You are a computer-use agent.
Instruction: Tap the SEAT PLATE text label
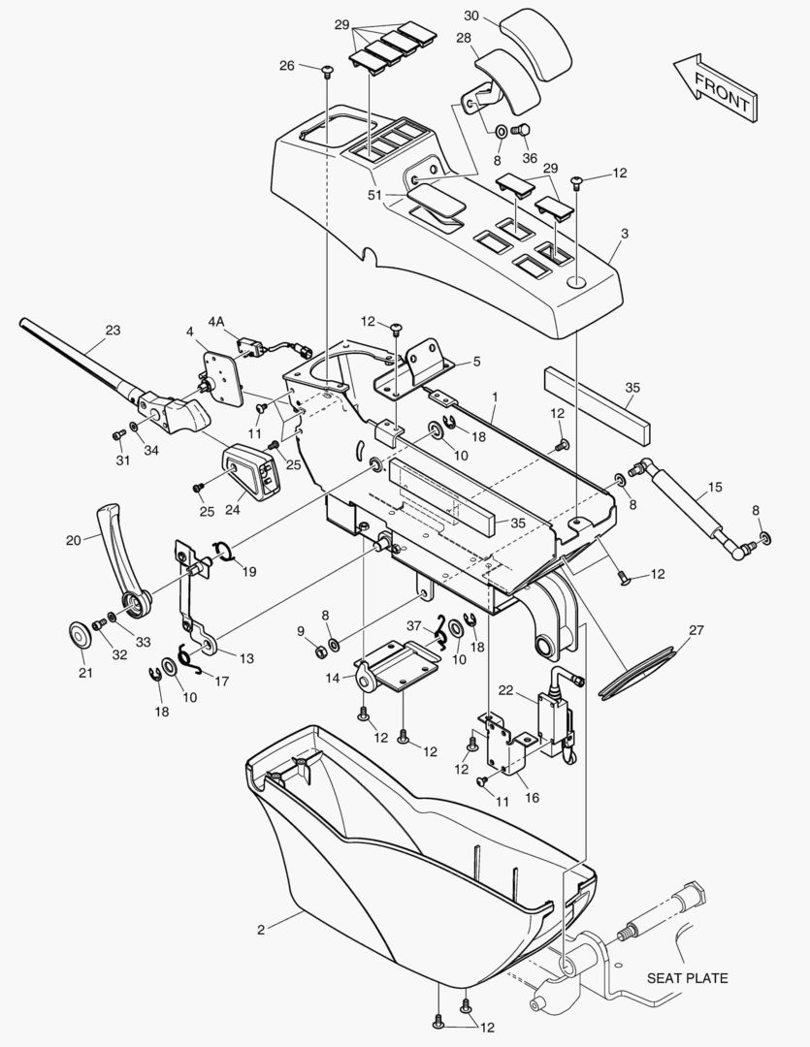click(x=687, y=978)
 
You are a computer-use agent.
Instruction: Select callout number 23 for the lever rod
click(x=113, y=330)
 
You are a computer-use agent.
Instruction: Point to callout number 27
click(x=697, y=630)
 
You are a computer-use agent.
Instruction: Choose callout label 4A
click(x=216, y=322)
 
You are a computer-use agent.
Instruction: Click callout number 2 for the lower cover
click(x=261, y=930)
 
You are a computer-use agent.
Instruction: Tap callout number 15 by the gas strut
click(x=715, y=487)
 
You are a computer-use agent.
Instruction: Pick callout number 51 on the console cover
click(x=374, y=195)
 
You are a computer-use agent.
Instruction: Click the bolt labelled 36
click(x=520, y=130)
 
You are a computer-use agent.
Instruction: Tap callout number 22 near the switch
click(x=506, y=690)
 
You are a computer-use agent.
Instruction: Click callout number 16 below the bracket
click(x=532, y=797)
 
